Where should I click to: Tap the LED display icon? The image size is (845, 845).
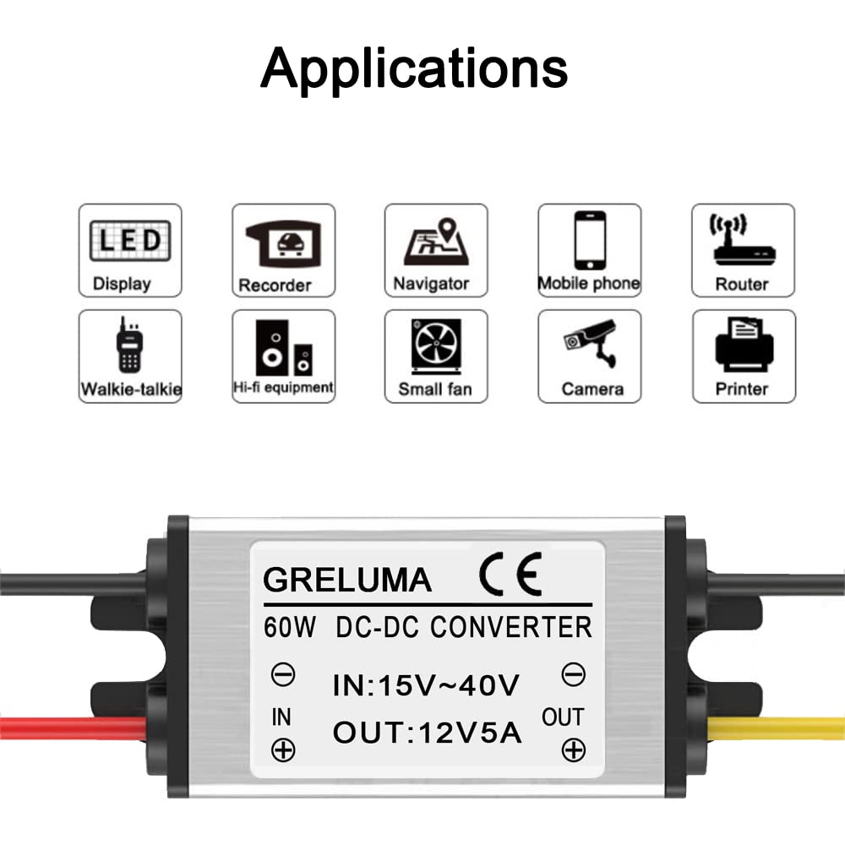pyautogui.click(x=130, y=239)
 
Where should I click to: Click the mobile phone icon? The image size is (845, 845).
pyautogui.click(x=589, y=240)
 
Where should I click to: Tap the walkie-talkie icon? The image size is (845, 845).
pyautogui.click(x=128, y=345)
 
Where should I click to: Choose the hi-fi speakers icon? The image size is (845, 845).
pyautogui.click(x=283, y=346)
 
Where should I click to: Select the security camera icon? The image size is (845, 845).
pyautogui.click(x=591, y=343)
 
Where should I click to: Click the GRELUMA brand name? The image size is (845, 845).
pyautogui.click(x=347, y=580)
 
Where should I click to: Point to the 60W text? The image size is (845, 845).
pyautogui.click(x=290, y=628)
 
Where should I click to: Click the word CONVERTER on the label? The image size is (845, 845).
pyautogui.click(x=511, y=627)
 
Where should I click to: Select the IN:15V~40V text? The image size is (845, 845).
pyautogui.click(x=426, y=684)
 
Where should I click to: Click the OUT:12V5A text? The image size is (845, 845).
pyautogui.click(x=428, y=731)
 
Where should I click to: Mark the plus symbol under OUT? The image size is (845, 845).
pyautogui.click(x=574, y=749)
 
